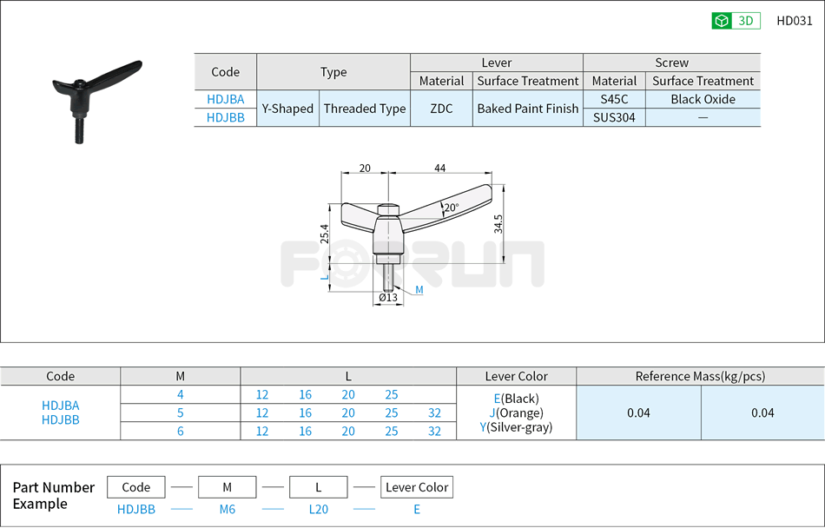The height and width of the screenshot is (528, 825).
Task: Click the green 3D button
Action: pyautogui.click(x=736, y=21)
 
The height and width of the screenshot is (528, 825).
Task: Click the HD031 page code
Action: pyautogui.click(x=794, y=21)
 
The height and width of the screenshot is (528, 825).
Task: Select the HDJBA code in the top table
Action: pyautogui.click(x=225, y=99)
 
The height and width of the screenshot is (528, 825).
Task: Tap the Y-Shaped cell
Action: pyautogui.click(x=287, y=109)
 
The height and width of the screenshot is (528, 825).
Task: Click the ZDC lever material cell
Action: pyautogui.click(x=441, y=109)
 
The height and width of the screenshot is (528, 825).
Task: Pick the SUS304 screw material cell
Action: pyautogui.click(x=614, y=117)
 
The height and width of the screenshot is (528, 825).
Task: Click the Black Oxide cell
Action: pyautogui.click(x=703, y=99)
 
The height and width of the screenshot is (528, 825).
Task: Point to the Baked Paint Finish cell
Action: pyautogui.click(x=527, y=109)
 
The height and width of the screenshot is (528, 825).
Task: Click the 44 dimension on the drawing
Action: pyautogui.click(x=440, y=168)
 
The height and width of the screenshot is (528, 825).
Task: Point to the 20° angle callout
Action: pyautogui.click(x=451, y=208)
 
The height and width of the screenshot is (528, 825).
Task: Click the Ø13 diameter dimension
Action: pyautogui.click(x=387, y=298)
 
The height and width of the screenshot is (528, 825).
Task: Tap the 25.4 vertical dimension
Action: pyautogui.click(x=324, y=233)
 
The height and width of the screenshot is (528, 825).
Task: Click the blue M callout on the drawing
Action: pyautogui.click(x=419, y=289)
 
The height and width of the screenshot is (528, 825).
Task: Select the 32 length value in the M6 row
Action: pyautogui.click(x=434, y=431)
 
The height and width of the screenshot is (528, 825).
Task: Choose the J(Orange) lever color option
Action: pyautogui.click(x=516, y=412)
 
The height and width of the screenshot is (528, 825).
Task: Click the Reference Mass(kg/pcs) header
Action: pyautogui.click(x=700, y=376)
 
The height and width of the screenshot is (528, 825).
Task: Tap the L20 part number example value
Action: pyautogui.click(x=319, y=510)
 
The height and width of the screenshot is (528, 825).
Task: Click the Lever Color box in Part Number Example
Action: pyautogui.click(x=417, y=487)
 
